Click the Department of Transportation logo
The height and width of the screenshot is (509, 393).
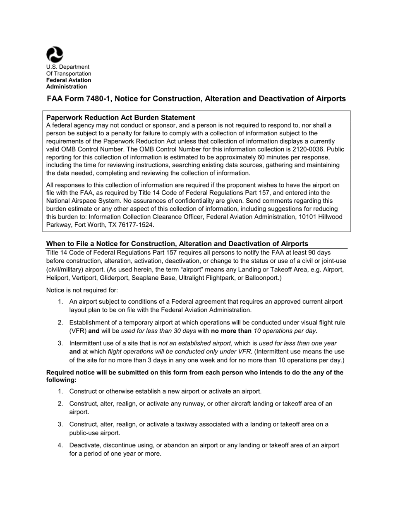pos(55,54)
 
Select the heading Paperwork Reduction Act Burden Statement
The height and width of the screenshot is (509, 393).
pos(120,118)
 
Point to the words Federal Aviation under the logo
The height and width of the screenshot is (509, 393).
pos(68,80)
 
